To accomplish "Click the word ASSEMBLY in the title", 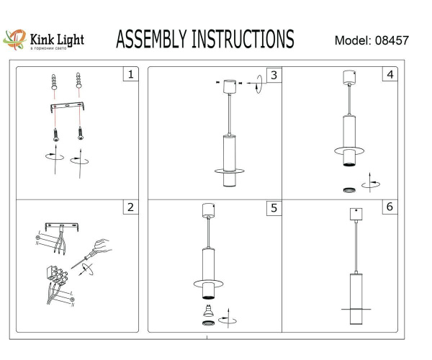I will [x=150, y=40].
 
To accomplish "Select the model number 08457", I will [x=392, y=41].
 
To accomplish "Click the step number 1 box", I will [x=130, y=74].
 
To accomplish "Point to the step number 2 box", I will [x=130, y=208].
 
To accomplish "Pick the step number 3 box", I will [x=273, y=75].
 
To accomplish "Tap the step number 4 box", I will [x=390, y=75].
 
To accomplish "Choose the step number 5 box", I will [x=273, y=208].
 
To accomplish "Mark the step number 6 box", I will [x=390, y=207].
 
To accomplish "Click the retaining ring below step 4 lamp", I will [x=348, y=189].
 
